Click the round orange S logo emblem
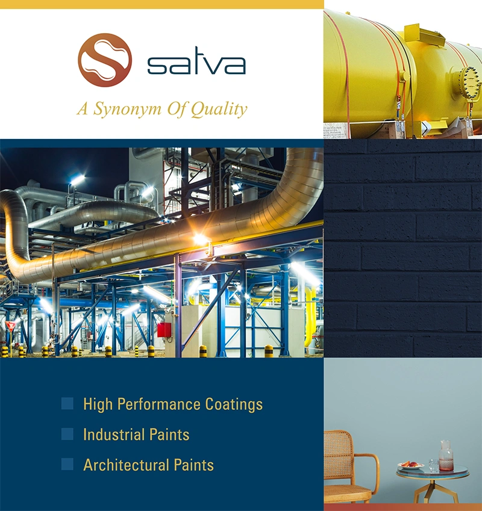[x=105, y=60]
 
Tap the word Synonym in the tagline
[x=128, y=110]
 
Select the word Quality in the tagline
[x=219, y=110]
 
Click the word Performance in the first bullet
[x=159, y=404]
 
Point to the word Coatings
[x=234, y=404]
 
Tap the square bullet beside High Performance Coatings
[x=67, y=403]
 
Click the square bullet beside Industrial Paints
[x=67, y=434]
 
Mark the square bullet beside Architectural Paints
[x=67, y=464]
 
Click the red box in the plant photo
[x=164, y=330]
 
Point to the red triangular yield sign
[x=10, y=326]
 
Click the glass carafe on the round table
[x=446, y=456]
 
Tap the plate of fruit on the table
[x=410, y=465]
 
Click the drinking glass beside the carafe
[x=433, y=465]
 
